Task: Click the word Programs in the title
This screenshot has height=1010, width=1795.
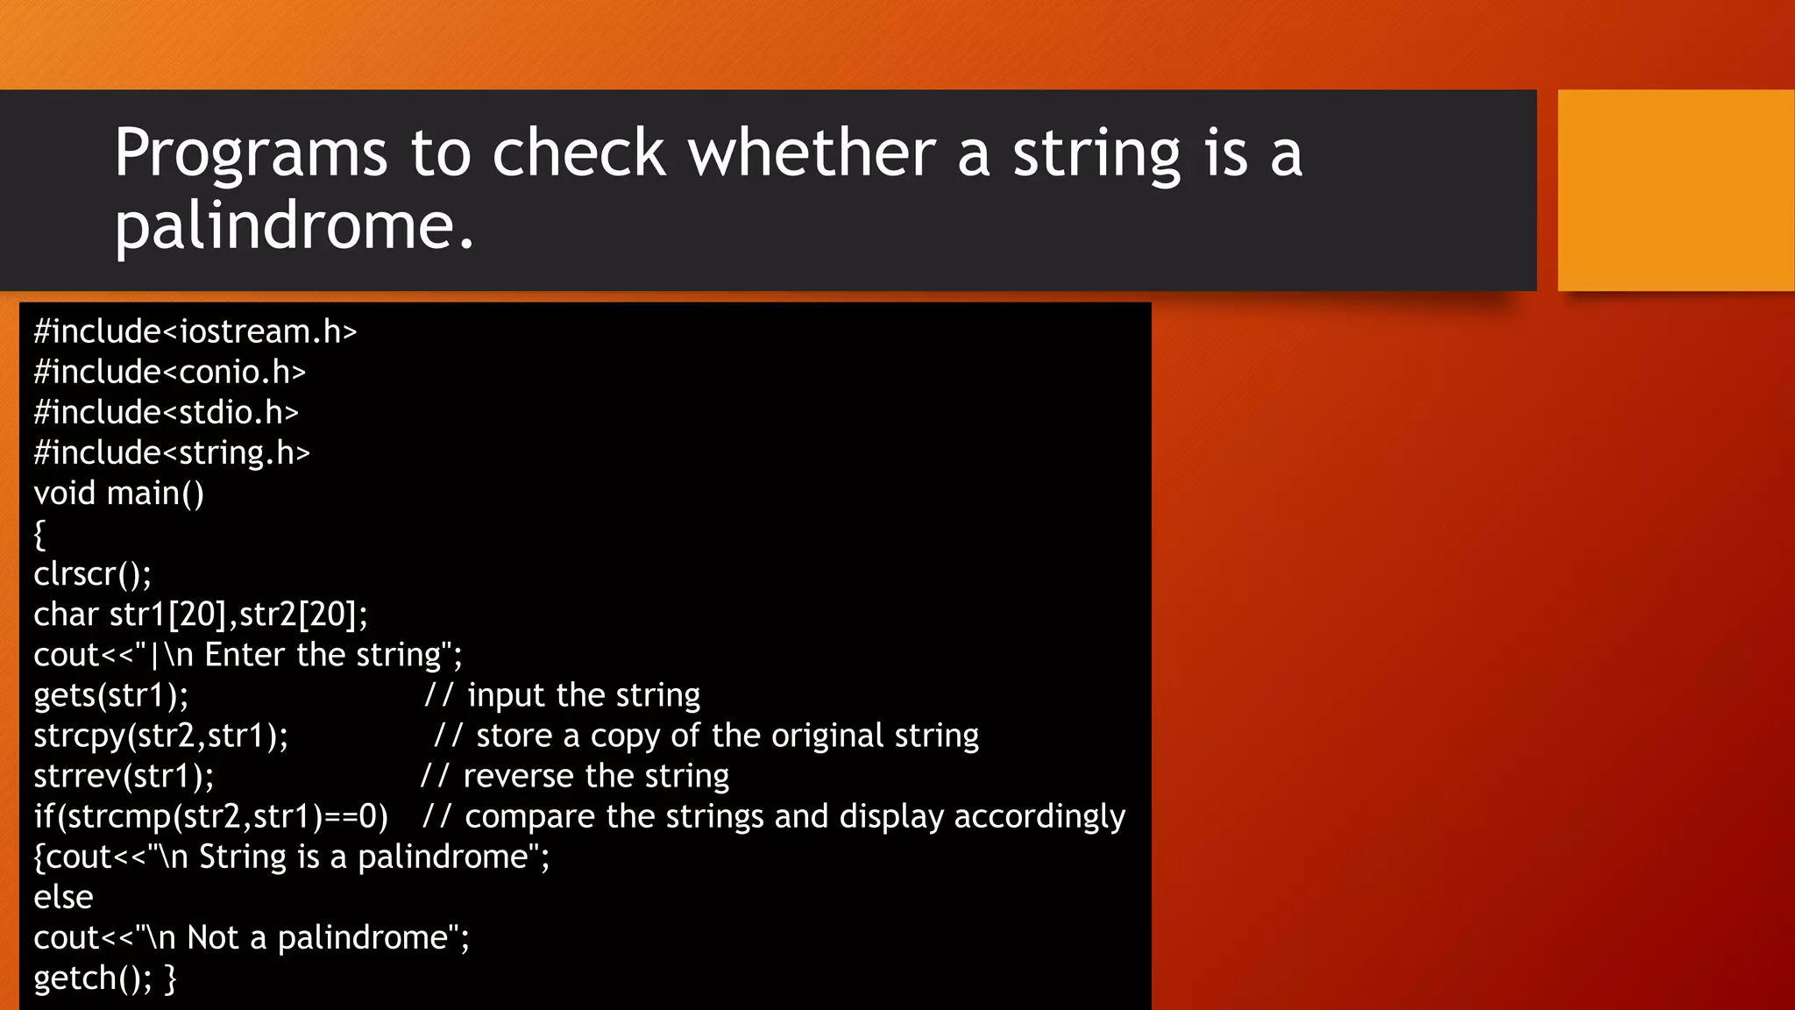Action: [251, 154]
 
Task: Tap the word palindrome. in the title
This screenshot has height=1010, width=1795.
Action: [294, 226]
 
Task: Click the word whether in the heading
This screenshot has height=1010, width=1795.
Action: [812, 153]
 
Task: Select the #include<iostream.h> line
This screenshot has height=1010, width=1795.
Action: [195, 332]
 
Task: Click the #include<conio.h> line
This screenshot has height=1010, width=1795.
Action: [170, 373]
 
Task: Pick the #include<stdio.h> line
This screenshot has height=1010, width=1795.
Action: [167, 413]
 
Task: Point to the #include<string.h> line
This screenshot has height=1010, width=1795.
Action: [172, 453]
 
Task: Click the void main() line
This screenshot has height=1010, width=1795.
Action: [119, 494]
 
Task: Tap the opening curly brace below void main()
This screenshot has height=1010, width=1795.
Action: [39, 534]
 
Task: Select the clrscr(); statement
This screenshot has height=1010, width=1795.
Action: [93, 574]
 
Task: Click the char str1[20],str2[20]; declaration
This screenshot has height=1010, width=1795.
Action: [201, 615]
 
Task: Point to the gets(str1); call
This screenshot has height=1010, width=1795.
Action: [111, 695]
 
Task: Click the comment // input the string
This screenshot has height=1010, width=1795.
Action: [563, 695]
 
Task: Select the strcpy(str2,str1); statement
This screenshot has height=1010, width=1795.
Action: [161, 736]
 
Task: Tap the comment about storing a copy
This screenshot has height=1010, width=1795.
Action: [706, 736]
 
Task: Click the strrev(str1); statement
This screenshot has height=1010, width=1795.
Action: [124, 776]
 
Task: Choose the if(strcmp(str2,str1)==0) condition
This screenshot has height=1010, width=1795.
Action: [210, 816]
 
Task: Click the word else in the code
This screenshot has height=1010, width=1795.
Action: [63, 897]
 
